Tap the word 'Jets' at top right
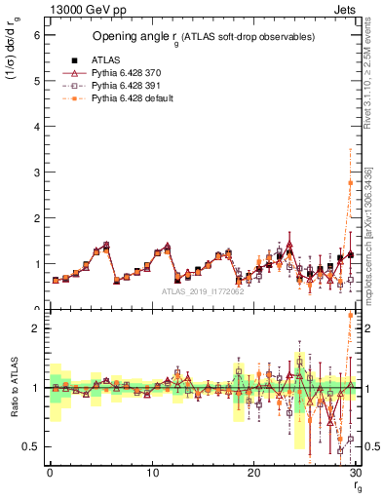pyautogui.click(x=347, y=8)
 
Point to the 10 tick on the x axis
pyautogui.click(x=152, y=473)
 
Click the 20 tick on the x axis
pyautogui.click(x=253, y=473)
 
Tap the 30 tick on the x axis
pyautogui.click(x=356, y=473)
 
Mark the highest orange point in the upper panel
pyautogui.click(x=350, y=182)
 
